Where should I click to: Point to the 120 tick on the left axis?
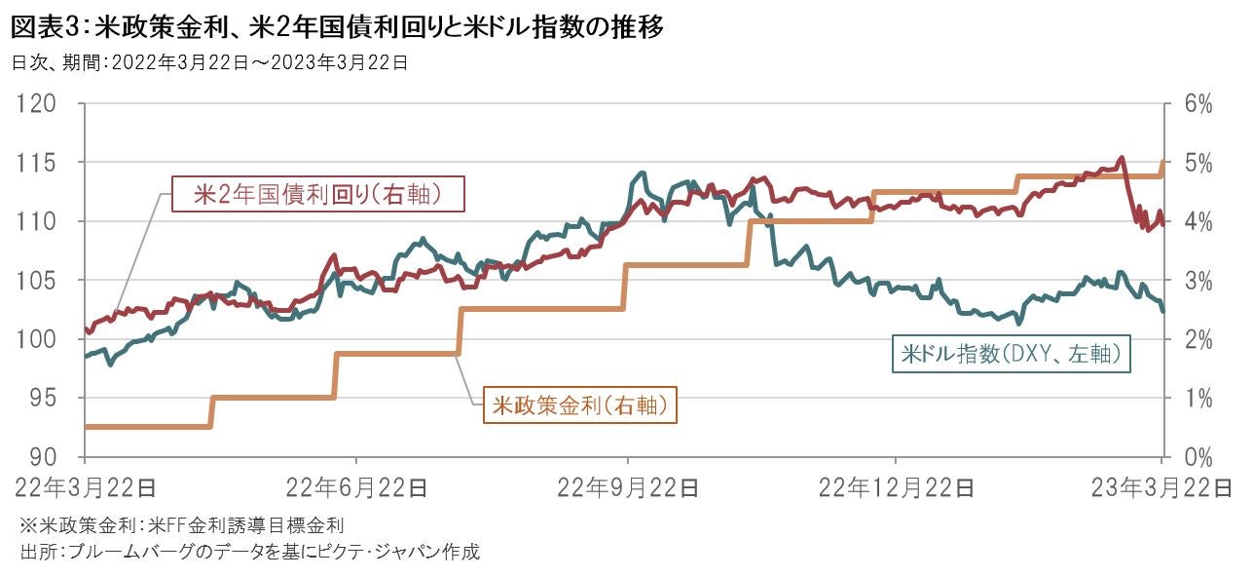tap(38, 103)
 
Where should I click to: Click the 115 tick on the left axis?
tap(38, 162)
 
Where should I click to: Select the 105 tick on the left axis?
tap(38, 281)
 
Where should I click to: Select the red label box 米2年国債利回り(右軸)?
tap(317, 194)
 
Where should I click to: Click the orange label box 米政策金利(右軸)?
tap(579, 405)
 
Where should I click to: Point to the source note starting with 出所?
tap(250, 552)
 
